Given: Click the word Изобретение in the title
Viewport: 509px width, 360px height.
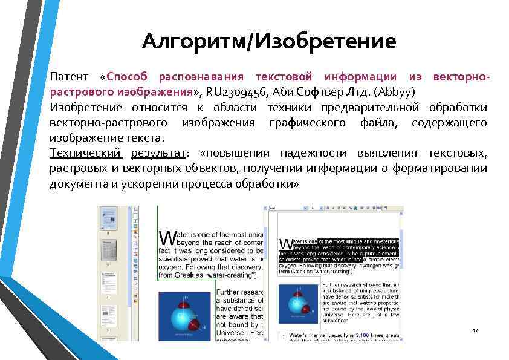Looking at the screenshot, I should click(x=326, y=41).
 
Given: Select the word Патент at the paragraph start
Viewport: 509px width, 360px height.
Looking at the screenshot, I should click(x=68, y=77).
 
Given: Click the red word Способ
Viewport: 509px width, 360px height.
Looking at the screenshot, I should click(x=126, y=77).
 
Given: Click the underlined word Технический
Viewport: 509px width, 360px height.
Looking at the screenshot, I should click(x=86, y=153).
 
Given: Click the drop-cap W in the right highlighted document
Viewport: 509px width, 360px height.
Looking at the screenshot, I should click(x=285, y=244).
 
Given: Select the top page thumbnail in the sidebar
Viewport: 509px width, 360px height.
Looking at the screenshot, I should click(x=109, y=219).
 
